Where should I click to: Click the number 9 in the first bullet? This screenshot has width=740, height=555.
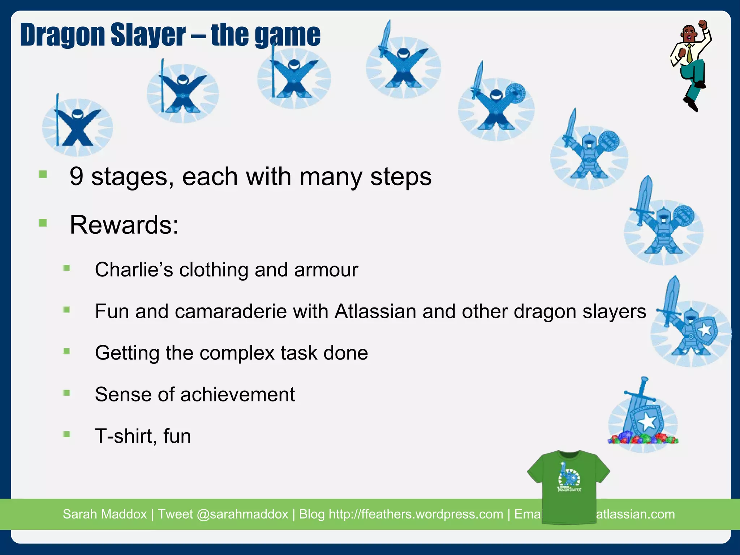pos(76,177)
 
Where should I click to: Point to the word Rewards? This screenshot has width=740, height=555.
pos(124,225)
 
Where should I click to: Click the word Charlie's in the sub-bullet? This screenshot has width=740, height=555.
pos(134,270)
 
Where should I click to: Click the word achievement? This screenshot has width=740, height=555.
pos(237,394)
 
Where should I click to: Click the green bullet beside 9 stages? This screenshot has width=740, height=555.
pos(43,175)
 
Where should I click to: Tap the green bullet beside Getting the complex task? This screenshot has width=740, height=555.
pos(66,351)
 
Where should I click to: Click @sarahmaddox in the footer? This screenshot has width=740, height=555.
pos(242,514)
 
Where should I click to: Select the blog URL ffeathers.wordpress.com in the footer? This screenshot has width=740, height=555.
pos(416,514)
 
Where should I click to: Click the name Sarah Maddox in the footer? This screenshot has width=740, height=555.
pos(105,514)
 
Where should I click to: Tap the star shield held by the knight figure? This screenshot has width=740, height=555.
pos(705,330)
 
